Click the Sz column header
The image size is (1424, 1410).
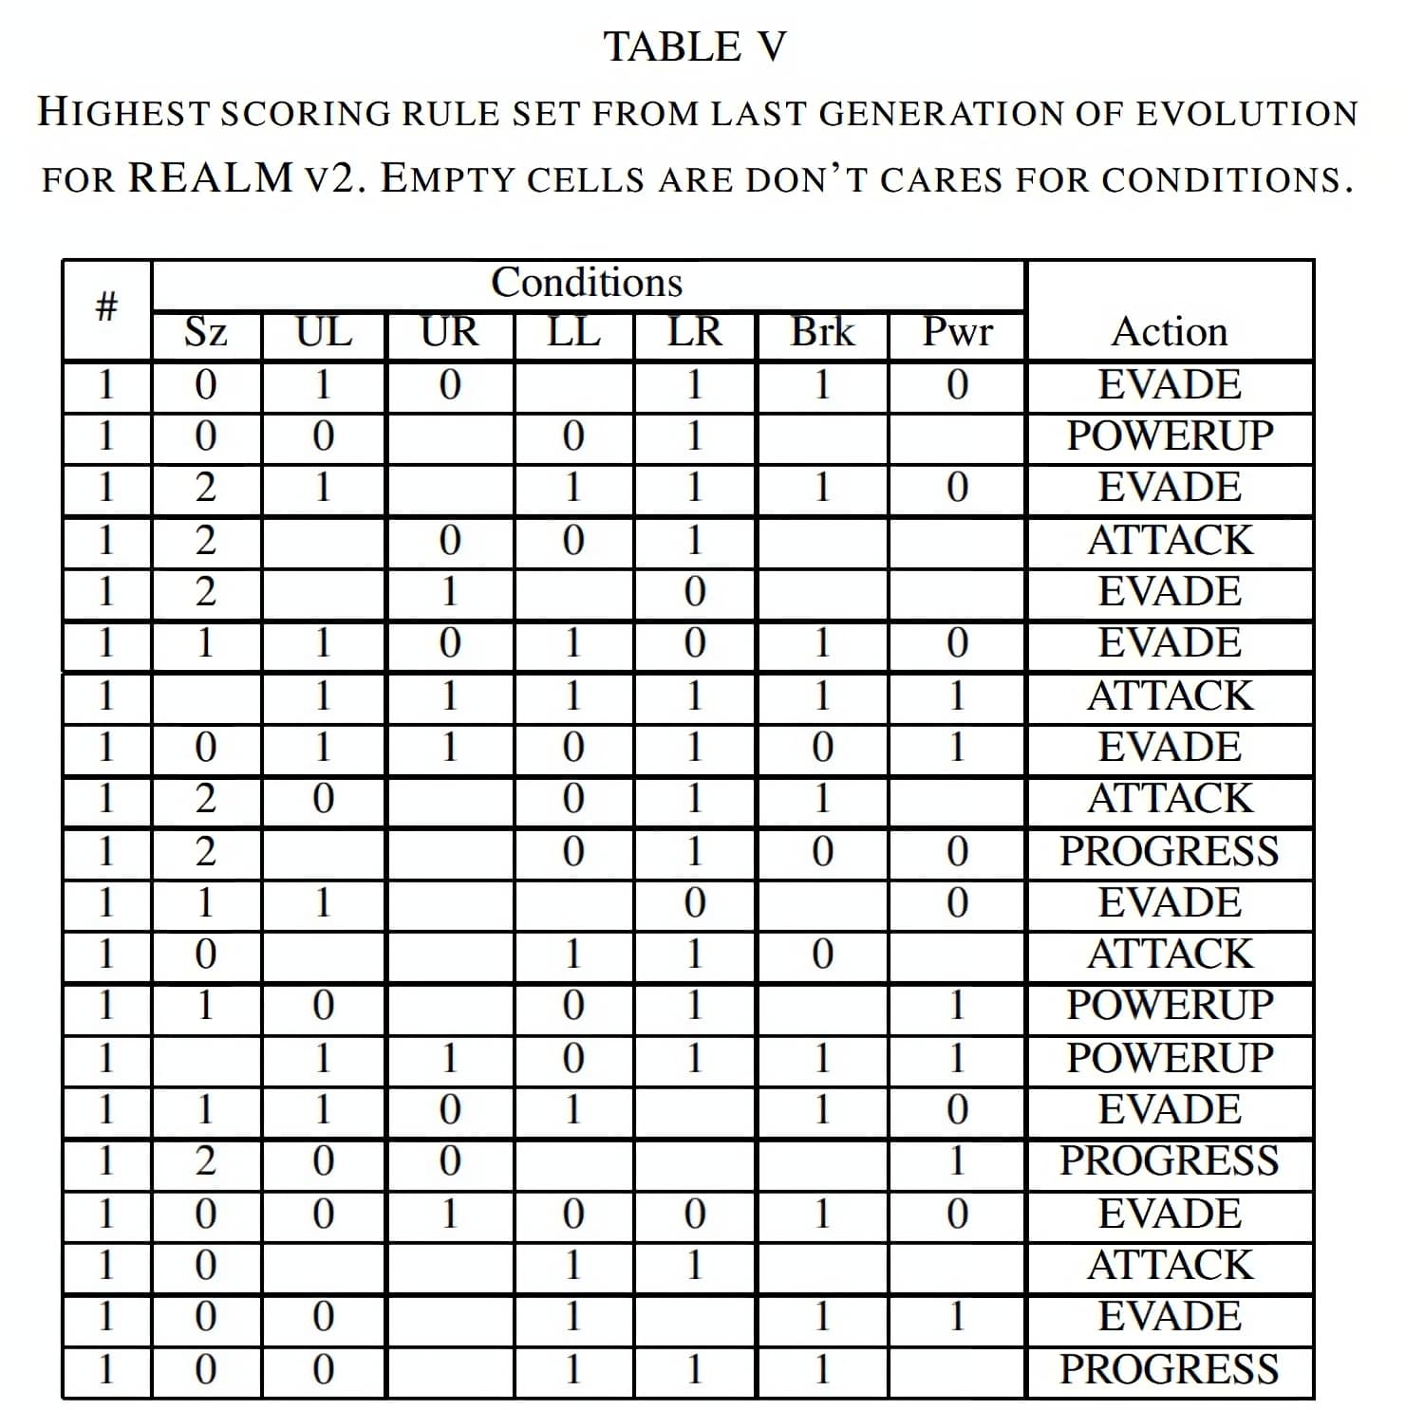205,333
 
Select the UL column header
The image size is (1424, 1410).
324,333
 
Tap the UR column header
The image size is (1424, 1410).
449,333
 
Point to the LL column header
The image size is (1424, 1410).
573,333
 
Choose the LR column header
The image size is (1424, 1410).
695,333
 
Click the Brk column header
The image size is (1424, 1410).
822,333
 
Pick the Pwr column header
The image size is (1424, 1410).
957,333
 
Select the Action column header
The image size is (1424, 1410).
1170,333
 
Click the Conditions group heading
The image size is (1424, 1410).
587,283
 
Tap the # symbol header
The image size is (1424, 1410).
106,307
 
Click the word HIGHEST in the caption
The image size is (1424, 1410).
122,113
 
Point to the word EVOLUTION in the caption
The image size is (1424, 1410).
1246,113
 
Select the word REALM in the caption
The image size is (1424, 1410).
211,177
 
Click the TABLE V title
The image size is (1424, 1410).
696,47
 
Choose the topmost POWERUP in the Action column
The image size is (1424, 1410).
1170,436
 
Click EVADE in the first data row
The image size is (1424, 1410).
1170,385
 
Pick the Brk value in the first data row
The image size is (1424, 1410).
822,385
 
